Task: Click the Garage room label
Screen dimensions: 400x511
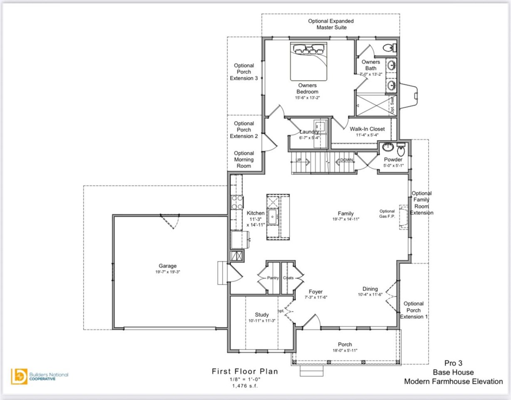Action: (x=167, y=266)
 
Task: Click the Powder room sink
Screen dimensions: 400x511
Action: (x=388, y=147)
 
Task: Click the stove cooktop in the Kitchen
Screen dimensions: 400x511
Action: (x=237, y=202)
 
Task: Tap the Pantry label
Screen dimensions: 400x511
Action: (x=273, y=278)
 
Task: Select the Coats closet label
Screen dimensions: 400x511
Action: (x=288, y=278)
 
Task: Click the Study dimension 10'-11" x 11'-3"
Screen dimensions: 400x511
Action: (x=262, y=321)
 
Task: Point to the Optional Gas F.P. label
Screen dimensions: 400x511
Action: (x=387, y=214)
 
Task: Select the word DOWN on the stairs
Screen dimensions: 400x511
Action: (x=347, y=160)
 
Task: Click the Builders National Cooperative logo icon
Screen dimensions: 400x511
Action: (x=19, y=376)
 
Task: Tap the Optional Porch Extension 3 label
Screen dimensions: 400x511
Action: (x=244, y=72)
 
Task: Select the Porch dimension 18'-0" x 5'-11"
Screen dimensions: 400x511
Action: (x=345, y=350)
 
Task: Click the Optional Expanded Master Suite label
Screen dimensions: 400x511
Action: (x=331, y=24)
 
